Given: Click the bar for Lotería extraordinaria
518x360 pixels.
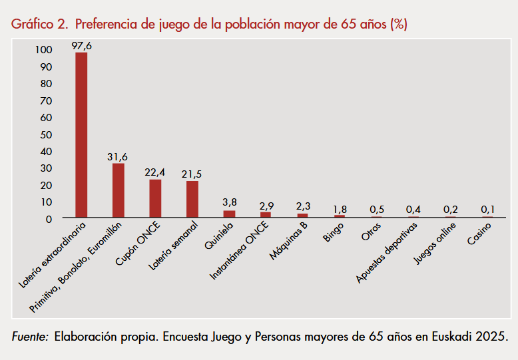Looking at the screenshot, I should [x=81, y=135].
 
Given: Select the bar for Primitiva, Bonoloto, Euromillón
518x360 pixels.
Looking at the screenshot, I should [x=118, y=190].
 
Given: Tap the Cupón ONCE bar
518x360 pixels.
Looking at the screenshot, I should [x=155, y=198].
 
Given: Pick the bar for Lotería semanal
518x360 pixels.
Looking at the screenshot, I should [x=192, y=199].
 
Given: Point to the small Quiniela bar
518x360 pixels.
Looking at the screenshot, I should [x=229, y=214].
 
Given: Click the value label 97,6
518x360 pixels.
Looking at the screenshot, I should [x=81, y=45].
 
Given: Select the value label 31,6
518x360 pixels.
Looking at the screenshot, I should [x=118, y=156].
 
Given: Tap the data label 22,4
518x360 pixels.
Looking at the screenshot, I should [x=155, y=172].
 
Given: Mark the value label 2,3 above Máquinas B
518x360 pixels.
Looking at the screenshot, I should [x=302, y=206].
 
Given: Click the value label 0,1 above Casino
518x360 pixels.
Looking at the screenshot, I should [x=487, y=210].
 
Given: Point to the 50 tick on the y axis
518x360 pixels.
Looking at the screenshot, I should [x=46, y=134].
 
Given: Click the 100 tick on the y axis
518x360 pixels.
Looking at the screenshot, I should [x=43, y=50].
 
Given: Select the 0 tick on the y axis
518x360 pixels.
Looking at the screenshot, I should [x=49, y=218].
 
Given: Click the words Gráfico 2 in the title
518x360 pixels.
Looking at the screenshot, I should [x=39, y=25].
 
